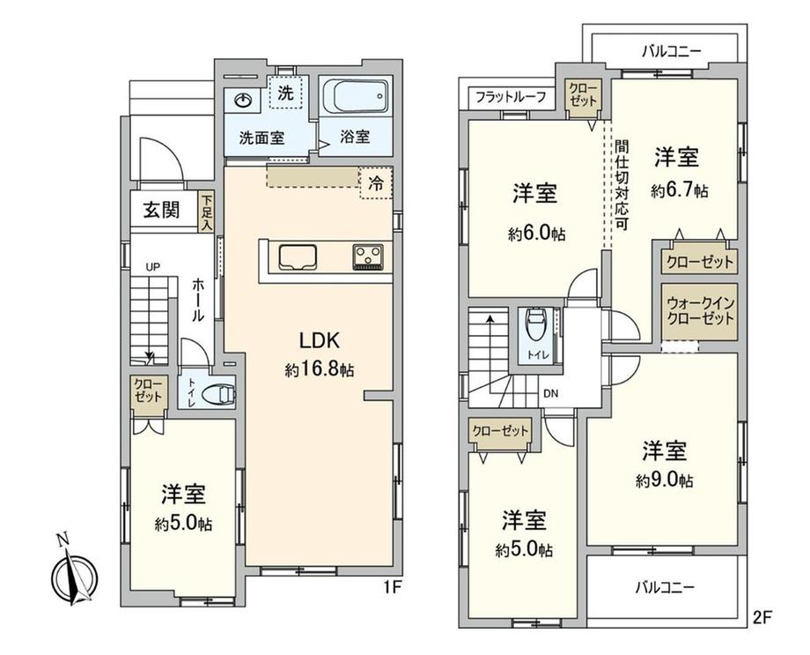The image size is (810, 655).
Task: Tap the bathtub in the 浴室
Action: coord(355,96)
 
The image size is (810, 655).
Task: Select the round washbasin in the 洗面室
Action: coord(243,100)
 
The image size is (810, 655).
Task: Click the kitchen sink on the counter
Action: coord(298,257)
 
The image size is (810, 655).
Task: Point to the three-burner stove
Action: coord(368,257)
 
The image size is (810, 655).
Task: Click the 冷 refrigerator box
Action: coord(376,183)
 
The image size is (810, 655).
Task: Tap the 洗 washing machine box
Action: coord(285,92)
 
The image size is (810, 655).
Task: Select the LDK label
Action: coord(320,340)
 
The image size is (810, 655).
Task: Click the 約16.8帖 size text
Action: coord(320,369)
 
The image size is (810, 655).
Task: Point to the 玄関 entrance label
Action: coord(161,210)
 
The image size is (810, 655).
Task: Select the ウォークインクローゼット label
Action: coord(701,310)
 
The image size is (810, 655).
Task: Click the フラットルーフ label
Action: coord(511,97)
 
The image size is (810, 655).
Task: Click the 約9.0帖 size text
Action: coord(665,480)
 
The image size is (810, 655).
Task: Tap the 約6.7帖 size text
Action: coord(680,191)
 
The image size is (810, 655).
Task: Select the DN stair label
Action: coord(550,394)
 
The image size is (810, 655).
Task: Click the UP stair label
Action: coord(152,267)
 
